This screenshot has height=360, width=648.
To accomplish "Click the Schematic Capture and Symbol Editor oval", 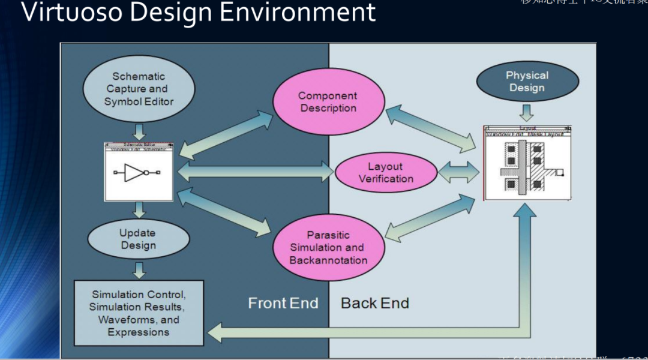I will coord(139,89).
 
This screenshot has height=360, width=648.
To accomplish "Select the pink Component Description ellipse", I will coord(328,102).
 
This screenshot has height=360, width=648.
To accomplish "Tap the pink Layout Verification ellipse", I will coord(386,173).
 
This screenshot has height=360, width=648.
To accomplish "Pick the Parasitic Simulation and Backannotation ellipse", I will coord(328,247).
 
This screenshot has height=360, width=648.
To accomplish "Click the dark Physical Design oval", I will coord(527,82).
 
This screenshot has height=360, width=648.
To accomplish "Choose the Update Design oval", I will coord(138,239).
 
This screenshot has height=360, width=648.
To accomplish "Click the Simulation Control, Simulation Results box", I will coord(139,313).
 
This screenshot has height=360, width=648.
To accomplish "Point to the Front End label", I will coord(283,303).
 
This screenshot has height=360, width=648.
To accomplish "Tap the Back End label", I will coord(374,303).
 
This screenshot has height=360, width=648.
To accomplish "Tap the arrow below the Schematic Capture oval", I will coord(139,132).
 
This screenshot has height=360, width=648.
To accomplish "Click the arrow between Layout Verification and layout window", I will coord(459,172).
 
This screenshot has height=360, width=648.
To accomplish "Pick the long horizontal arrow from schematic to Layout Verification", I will coord(255,172).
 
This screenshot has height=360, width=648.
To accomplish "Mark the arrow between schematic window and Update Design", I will coord(139,210).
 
